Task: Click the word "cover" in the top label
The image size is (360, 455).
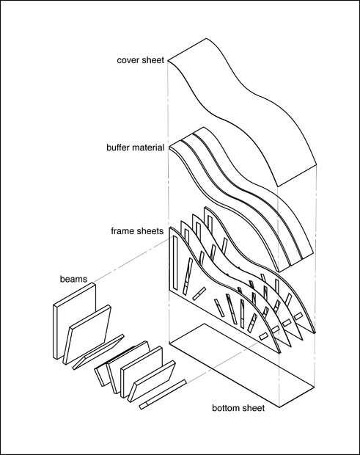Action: coord(126,60)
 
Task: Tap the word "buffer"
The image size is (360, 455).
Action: coord(118,148)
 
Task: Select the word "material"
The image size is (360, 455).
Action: coord(147,148)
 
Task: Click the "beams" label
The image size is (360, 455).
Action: coord(73,279)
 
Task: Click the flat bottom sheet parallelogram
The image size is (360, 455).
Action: coord(242,365)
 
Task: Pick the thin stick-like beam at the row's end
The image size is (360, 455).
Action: coord(162,395)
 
